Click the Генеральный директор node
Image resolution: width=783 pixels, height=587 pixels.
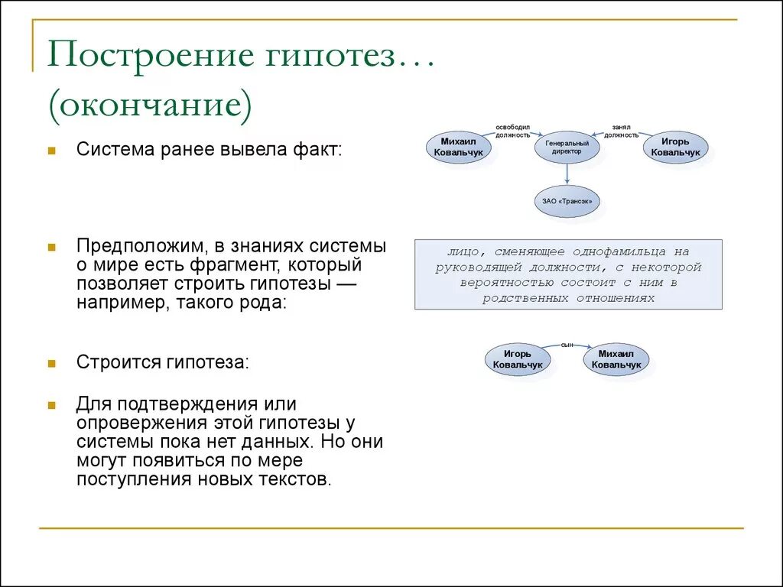[x=566, y=147]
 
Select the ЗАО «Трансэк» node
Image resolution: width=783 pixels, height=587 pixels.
[x=567, y=202]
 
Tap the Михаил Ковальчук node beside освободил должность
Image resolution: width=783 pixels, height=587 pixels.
[x=459, y=148]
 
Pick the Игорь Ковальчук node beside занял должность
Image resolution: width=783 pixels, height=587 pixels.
[x=675, y=148]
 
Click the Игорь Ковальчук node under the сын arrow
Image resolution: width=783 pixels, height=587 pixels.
[x=518, y=359]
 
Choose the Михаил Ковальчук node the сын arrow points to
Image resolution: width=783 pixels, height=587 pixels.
[x=616, y=359]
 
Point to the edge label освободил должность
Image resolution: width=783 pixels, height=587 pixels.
[x=512, y=131]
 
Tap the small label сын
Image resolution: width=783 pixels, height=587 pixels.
[x=567, y=345]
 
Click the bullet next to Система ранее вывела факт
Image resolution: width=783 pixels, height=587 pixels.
[x=51, y=151]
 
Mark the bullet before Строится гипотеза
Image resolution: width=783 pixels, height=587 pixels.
[x=51, y=363]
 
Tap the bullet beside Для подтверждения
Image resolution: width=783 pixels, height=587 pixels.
[x=51, y=404]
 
